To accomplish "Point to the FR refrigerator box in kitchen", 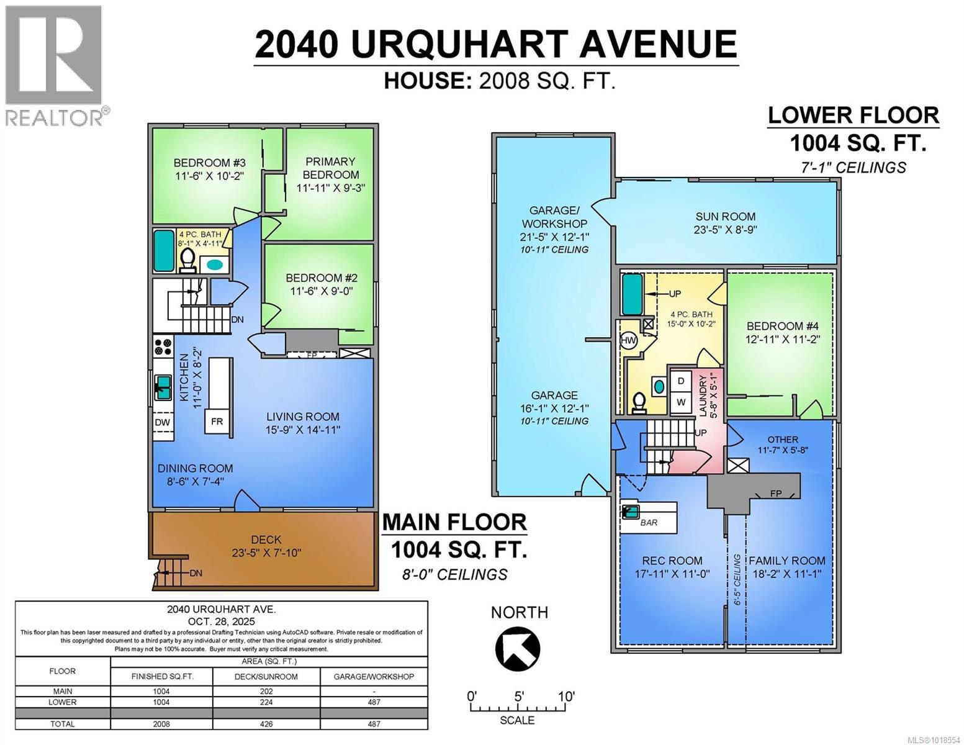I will pyautogui.click(x=217, y=422).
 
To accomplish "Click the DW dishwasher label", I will pyautogui.click(x=163, y=422).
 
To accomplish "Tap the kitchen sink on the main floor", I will pyautogui.click(x=163, y=387).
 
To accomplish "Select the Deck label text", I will pyautogui.click(x=266, y=546).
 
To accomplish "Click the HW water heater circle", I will pyautogui.click(x=628, y=341).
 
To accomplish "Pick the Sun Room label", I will pyautogui.click(x=725, y=222).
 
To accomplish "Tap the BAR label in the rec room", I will pyautogui.click(x=649, y=522).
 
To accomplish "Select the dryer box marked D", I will pyautogui.click(x=681, y=381).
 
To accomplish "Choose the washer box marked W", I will pyautogui.click(x=681, y=402).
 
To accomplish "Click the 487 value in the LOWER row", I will pyautogui.click(x=374, y=702).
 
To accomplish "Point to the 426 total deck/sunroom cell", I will pyautogui.click(x=266, y=724).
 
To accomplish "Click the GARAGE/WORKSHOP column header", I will pyautogui.click(x=374, y=676).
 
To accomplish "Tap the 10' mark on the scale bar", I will pyautogui.click(x=565, y=697).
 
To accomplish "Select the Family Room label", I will pyautogui.click(x=786, y=566).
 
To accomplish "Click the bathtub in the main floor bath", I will pyautogui.click(x=164, y=250).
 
